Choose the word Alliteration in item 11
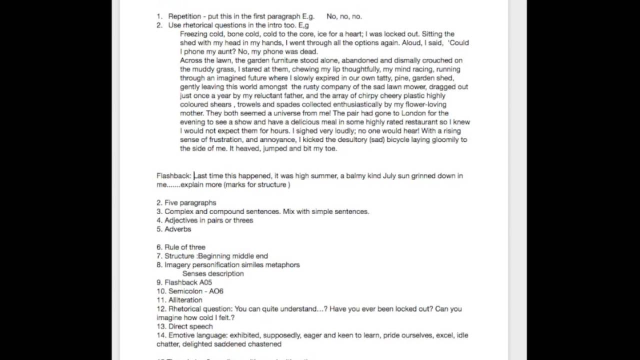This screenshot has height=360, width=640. [185, 300]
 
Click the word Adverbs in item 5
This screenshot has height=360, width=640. [177, 229]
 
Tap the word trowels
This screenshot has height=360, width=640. [249, 104]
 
